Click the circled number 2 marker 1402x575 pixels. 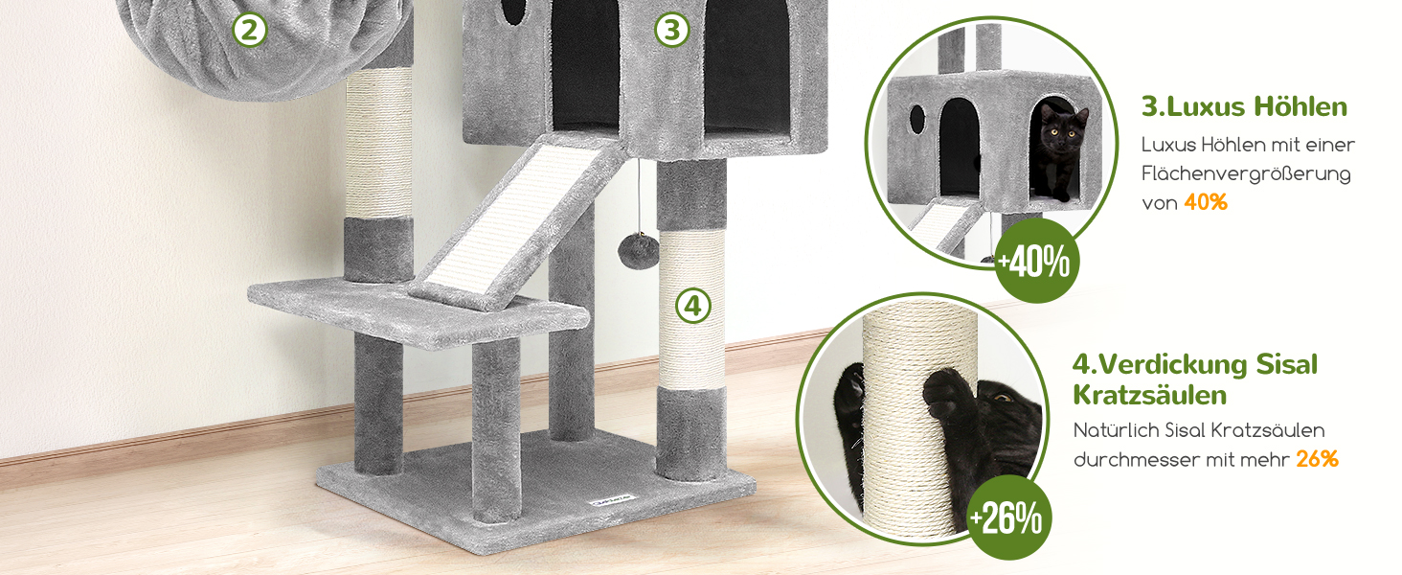click(249, 30)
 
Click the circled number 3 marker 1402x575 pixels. click(671, 30)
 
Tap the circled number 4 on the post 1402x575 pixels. click(693, 307)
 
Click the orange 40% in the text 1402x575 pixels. click(1206, 202)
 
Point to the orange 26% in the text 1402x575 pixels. click(1317, 459)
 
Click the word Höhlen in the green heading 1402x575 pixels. click(1300, 106)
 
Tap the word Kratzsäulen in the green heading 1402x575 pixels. click(1150, 395)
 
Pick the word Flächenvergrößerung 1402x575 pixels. click(1246, 173)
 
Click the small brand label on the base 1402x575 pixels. click(612, 500)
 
